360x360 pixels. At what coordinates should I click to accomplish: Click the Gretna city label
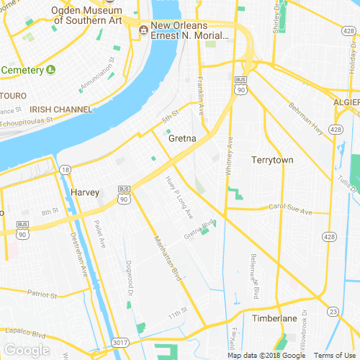point(182,140)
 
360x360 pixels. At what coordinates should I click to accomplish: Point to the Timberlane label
point(275,318)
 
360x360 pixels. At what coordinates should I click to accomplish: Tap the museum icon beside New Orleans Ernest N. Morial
point(144,29)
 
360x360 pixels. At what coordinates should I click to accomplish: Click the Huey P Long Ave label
point(179,197)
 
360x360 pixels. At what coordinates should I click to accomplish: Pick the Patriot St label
point(42,294)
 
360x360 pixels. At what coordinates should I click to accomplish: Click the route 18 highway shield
point(65,170)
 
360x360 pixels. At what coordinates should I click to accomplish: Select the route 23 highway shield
point(333,311)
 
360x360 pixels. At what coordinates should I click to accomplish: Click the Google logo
point(26,350)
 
